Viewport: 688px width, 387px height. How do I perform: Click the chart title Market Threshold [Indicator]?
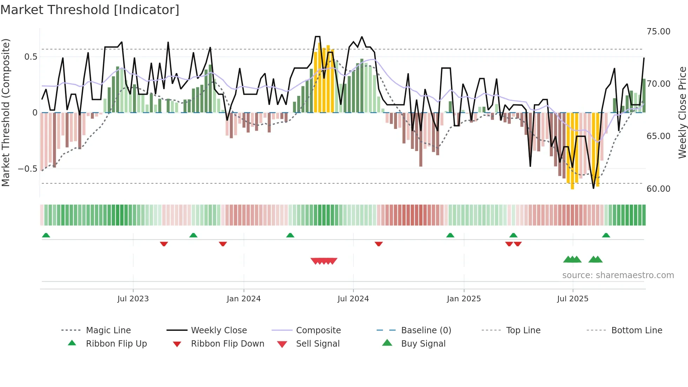(90, 10)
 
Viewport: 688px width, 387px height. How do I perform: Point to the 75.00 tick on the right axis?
(658, 32)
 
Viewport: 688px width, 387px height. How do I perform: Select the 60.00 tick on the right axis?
(658, 189)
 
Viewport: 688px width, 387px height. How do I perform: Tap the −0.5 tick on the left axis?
(27, 169)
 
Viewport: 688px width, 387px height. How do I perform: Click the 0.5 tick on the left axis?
(31, 57)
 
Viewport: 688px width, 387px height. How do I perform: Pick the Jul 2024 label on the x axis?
(353, 299)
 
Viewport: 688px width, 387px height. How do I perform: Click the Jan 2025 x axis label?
(464, 299)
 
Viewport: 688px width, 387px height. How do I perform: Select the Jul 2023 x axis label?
(133, 299)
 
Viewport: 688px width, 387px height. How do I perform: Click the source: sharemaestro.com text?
(618, 275)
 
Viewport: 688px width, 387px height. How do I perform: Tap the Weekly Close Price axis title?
(682, 112)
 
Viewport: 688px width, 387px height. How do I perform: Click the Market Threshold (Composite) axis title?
(6, 112)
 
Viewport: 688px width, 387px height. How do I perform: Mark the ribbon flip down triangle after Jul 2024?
(378, 244)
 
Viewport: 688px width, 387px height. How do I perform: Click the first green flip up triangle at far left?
(46, 235)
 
